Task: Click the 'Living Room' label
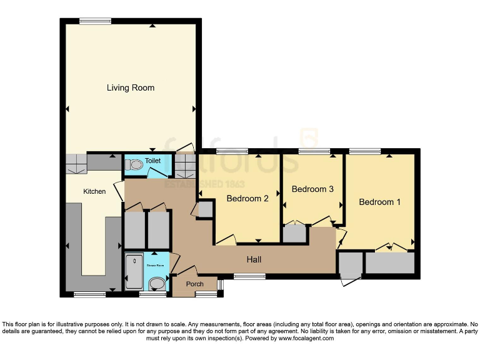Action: [130, 88]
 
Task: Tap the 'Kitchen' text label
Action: [94, 192]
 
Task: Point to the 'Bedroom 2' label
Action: [247, 199]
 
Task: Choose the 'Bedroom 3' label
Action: [312, 189]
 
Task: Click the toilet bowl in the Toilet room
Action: [133, 165]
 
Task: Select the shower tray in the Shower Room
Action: [134, 272]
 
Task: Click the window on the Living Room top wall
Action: [96, 21]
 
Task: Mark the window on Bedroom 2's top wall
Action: [232, 151]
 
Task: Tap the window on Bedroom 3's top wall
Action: [314, 151]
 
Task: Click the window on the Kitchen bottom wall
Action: [89, 294]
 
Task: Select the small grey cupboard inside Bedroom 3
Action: [294, 234]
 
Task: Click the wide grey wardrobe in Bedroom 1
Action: [390, 263]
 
